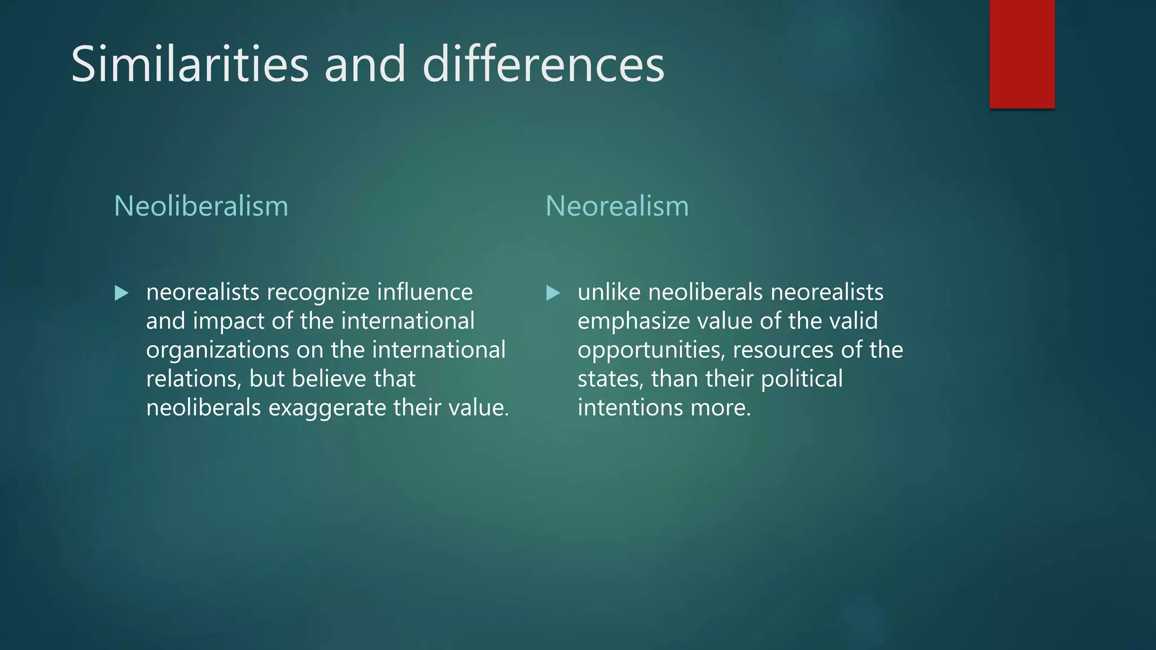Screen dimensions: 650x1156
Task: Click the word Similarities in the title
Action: click(x=190, y=64)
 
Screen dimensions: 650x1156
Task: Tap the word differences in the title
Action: click(x=543, y=64)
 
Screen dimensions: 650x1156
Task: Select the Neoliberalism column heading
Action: click(x=201, y=206)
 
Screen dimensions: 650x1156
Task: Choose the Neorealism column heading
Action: click(x=617, y=206)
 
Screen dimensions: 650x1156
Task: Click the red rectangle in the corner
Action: click(x=1022, y=54)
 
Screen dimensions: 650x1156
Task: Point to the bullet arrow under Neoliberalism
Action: click(x=121, y=293)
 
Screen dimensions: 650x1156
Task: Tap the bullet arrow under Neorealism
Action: click(x=553, y=293)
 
